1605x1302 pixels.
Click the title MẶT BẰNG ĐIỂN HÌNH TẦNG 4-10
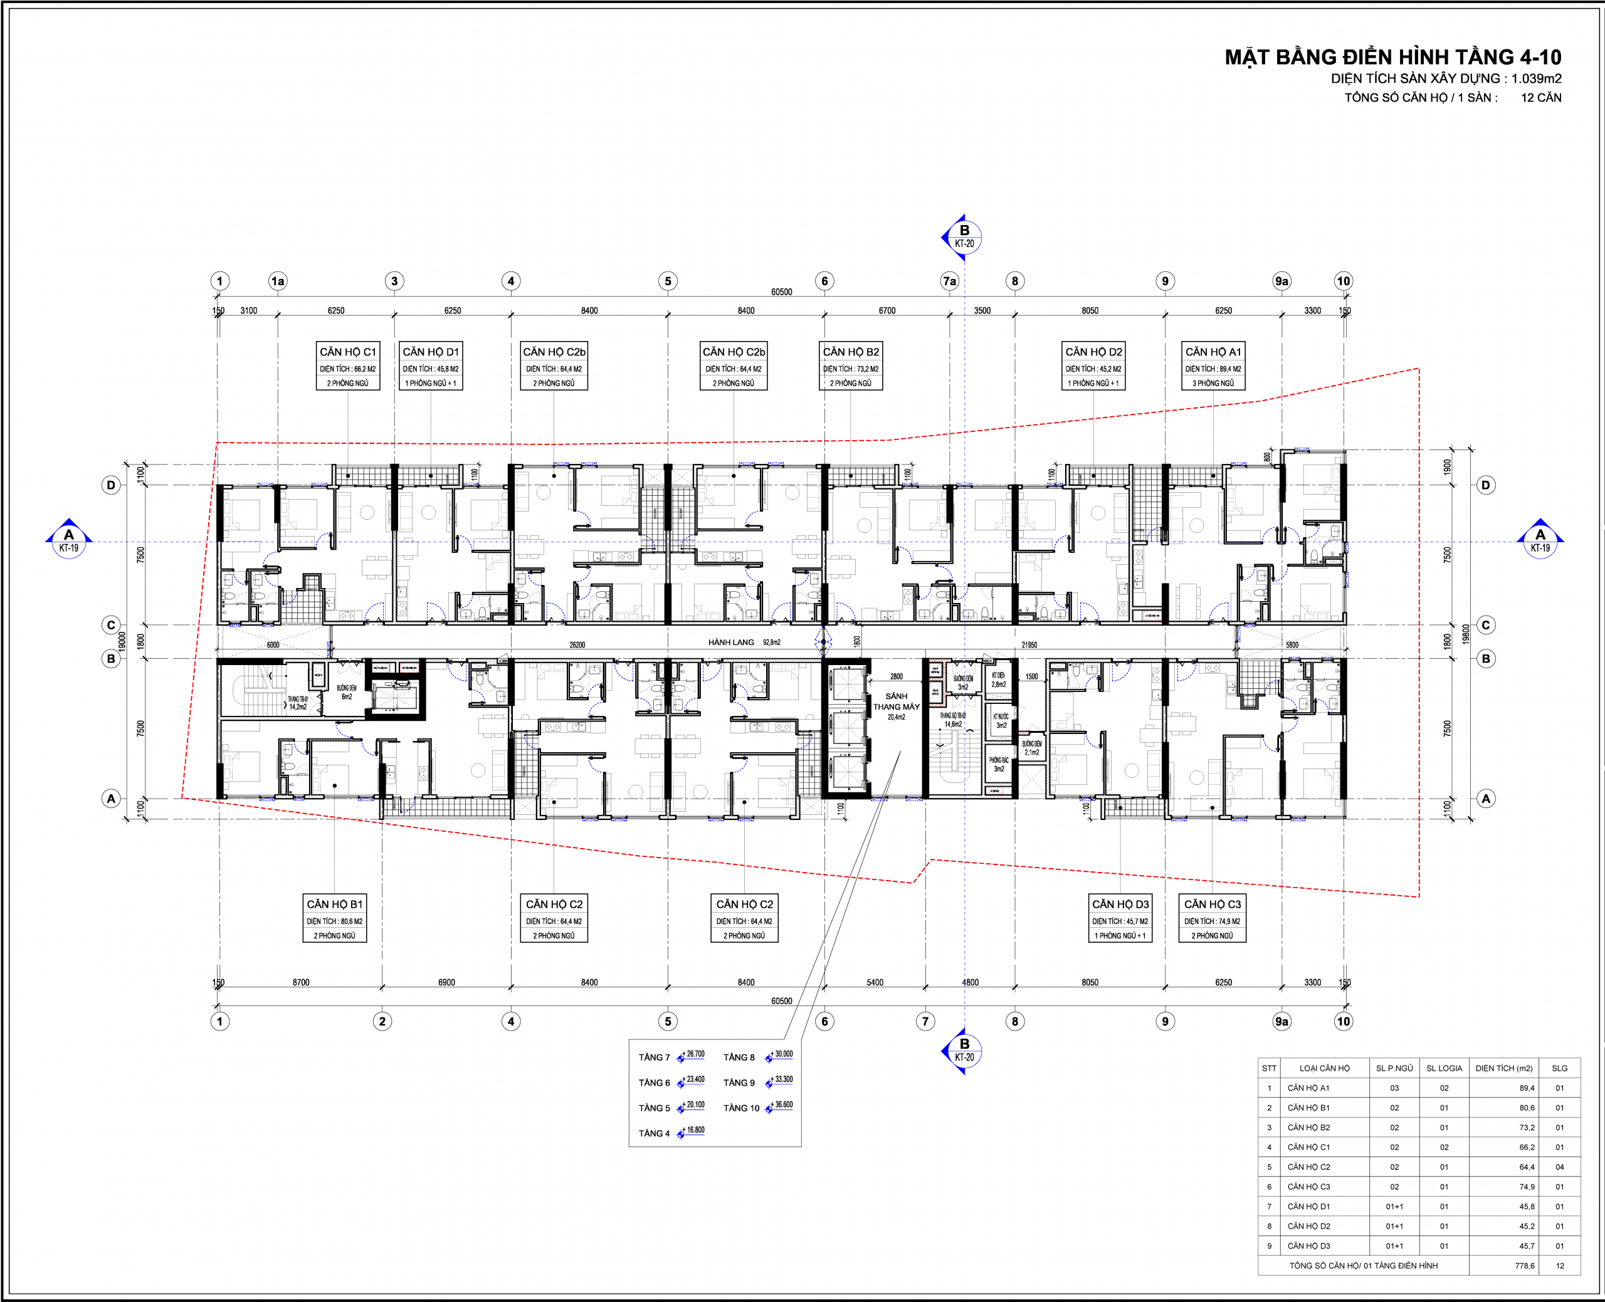click(1392, 57)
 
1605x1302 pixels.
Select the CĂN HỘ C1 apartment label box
click(347, 366)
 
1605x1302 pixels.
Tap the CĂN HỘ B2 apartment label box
click(851, 366)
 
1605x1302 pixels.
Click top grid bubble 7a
click(949, 281)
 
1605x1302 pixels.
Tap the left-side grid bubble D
click(111, 485)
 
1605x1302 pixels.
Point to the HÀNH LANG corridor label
click(730, 643)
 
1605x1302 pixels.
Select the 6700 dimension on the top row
click(887, 310)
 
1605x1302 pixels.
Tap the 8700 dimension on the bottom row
click(301, 982)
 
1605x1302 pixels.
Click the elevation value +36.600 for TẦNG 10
click(783, 1105)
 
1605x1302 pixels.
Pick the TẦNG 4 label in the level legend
click(654, 1133)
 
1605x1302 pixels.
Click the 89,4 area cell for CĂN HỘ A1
click(1526, 1088)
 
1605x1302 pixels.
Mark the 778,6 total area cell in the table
click(1524, 1265)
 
